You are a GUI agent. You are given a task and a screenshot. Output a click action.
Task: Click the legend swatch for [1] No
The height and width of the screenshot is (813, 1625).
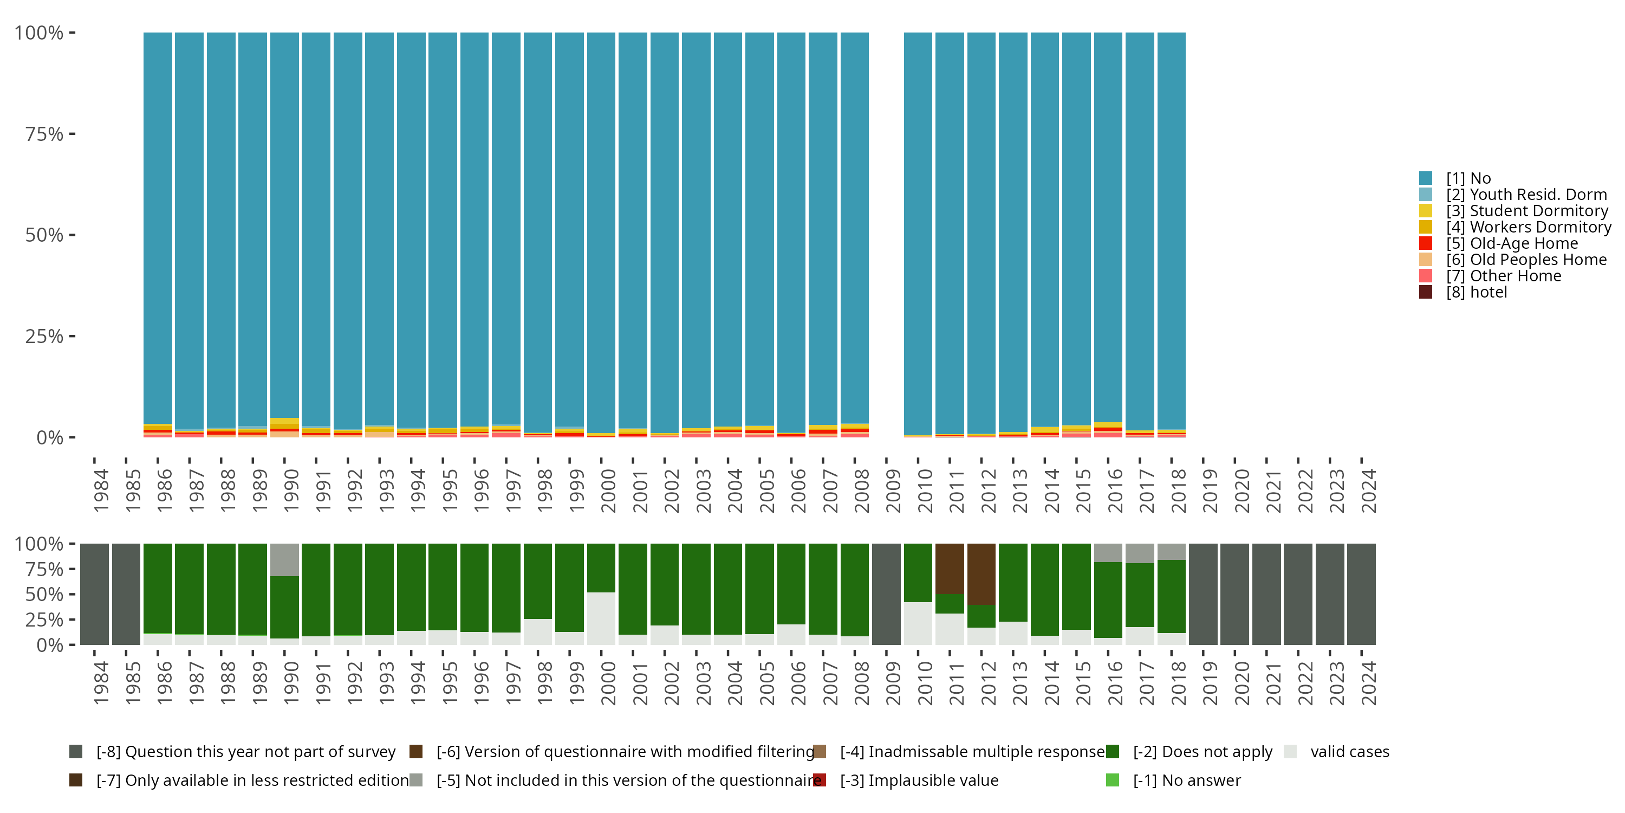tap(1425, 178)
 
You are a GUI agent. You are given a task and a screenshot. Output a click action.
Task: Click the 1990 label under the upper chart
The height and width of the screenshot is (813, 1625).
tap(291, 491)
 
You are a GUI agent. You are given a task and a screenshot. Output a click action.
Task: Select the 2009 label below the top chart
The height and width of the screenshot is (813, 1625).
tap(893, 491)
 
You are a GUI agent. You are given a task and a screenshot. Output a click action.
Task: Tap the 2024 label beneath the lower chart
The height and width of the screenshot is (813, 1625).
tap(1368, 683)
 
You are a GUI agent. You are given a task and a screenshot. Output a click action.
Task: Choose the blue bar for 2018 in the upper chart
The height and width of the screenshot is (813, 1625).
tap(1172, 230)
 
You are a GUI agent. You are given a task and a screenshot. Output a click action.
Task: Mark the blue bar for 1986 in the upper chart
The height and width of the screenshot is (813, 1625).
tap(158, 227)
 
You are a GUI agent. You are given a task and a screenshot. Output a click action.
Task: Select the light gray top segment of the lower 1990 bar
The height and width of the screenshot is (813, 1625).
tap(284, 559)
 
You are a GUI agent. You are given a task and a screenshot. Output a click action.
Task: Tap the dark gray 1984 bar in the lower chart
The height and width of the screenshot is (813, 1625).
tap(95, 594)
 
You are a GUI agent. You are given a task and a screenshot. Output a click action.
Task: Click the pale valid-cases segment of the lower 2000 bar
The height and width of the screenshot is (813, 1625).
tap(601, 618)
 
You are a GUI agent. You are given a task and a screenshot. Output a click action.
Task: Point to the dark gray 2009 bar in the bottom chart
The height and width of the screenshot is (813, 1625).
tap(886, 594)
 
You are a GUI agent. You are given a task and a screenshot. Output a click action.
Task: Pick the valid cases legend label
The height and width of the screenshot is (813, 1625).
tap(1349, 752)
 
